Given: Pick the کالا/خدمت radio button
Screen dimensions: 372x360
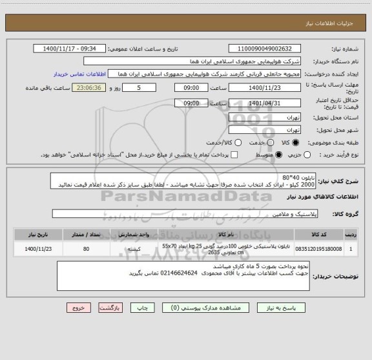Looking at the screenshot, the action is coord(238,142).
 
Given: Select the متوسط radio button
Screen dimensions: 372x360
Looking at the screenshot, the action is coord(279,155).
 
